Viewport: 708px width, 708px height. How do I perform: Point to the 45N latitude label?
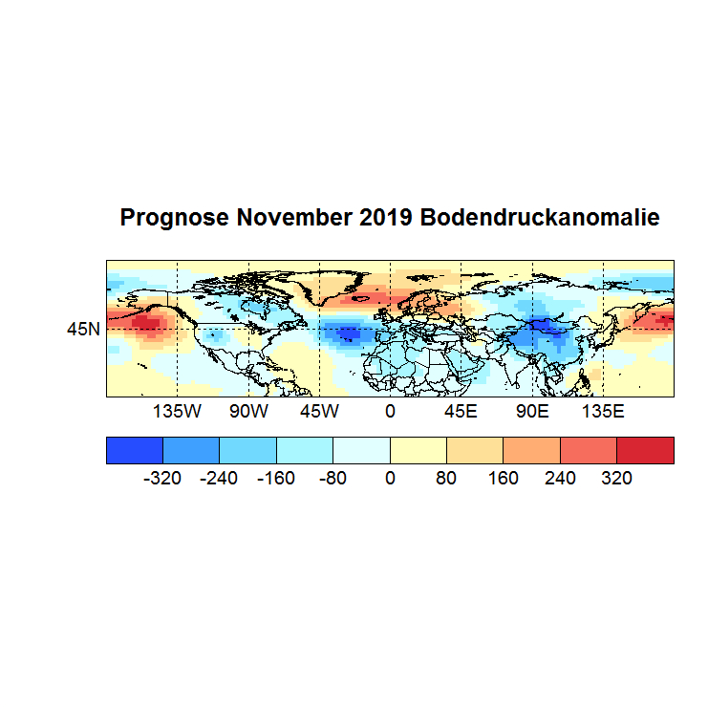pos(83,329)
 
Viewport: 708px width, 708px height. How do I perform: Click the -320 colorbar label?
pos(162,478)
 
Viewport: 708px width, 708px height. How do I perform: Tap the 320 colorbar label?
pos(617,478)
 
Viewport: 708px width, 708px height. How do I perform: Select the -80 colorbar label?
pos(333,478)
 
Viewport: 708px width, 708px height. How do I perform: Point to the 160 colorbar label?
pos(504,478)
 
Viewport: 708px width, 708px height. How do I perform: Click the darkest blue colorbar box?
pos(135,450)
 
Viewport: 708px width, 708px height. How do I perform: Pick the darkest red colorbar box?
pos(645,450)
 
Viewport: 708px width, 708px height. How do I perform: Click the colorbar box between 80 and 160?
pos(475,450)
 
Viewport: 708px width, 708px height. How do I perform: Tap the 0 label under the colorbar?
pos(390,478)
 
